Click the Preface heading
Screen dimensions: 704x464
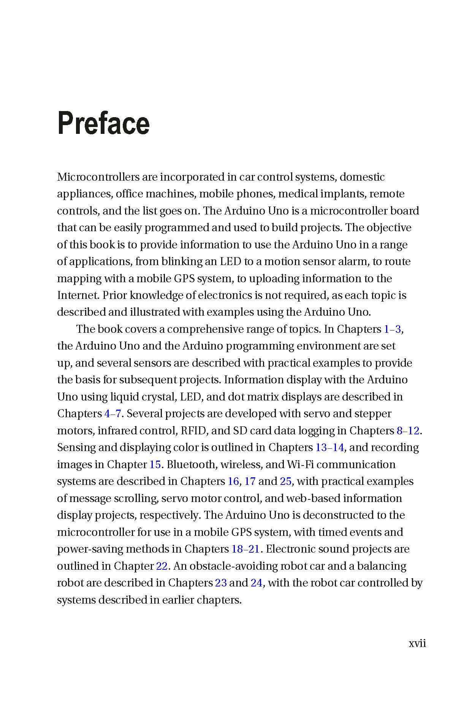coord(103,123)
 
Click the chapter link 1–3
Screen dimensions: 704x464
coord(392,329)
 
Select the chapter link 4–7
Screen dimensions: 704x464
coord(112,413)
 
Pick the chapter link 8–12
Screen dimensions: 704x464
coord(408,431)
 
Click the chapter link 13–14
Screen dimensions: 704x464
coord(329,447)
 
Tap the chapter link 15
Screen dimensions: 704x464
coord(155,464)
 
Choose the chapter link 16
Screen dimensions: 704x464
coord(233,481)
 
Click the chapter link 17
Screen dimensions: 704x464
coord(250,481)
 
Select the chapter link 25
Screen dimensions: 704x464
coord(285,481)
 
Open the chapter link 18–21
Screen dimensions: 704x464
coord(245,549)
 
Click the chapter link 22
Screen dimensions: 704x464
coord(162,566)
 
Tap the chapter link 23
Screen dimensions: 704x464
coord(221,583)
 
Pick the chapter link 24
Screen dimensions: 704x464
coord(257,583)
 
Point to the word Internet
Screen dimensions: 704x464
coord(78,295)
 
